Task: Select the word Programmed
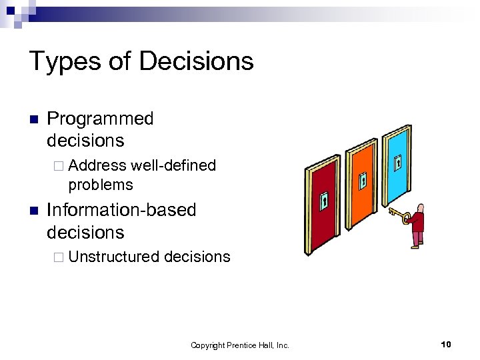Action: (x=100, y=119)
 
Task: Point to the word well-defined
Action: (x=174, y=165)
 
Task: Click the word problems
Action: (x=101, y=185)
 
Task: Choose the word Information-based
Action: (x=121, y=210)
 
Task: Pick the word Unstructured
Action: (x=113, y=257)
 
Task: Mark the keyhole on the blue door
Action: (x=398, y=162)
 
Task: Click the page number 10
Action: (x=446, y=344)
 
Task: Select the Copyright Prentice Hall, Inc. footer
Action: (x=240, y=345)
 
